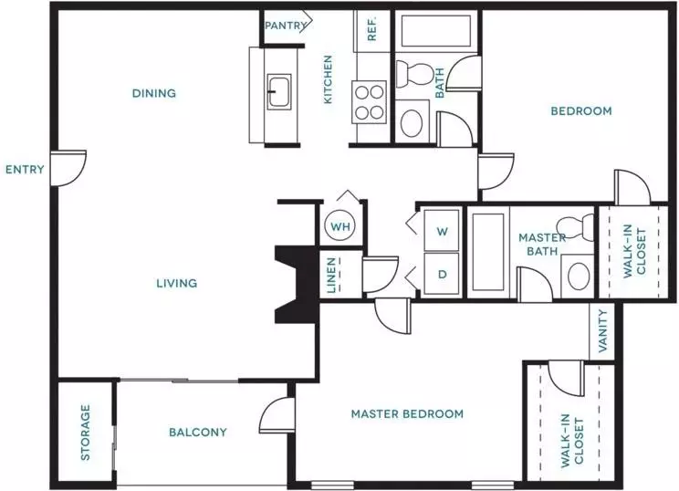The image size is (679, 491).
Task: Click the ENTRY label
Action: [25, 170]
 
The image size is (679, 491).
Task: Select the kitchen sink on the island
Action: [279, 91]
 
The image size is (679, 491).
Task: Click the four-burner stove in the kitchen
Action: [370, 102]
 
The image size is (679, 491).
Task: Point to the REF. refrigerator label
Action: [372, 28]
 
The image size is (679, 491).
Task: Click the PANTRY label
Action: [286, 26]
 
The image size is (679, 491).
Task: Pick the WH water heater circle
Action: [340, 225]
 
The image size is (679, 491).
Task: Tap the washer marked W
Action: [442, 230]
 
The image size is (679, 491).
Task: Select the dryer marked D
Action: [442, 274]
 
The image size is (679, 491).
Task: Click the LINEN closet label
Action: [331, 276]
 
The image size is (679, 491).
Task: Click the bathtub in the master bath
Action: [488, 252]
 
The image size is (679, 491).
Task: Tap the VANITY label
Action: [602, 330]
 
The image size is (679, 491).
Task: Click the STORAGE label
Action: [85, 433]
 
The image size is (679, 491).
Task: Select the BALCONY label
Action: [198, 432]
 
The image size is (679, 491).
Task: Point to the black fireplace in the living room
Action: [298, 285]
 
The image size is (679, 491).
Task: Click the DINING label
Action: [154, 93]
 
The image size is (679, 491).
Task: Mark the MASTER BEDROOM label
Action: [407, 414]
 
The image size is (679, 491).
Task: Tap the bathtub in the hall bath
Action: [435, 31]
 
